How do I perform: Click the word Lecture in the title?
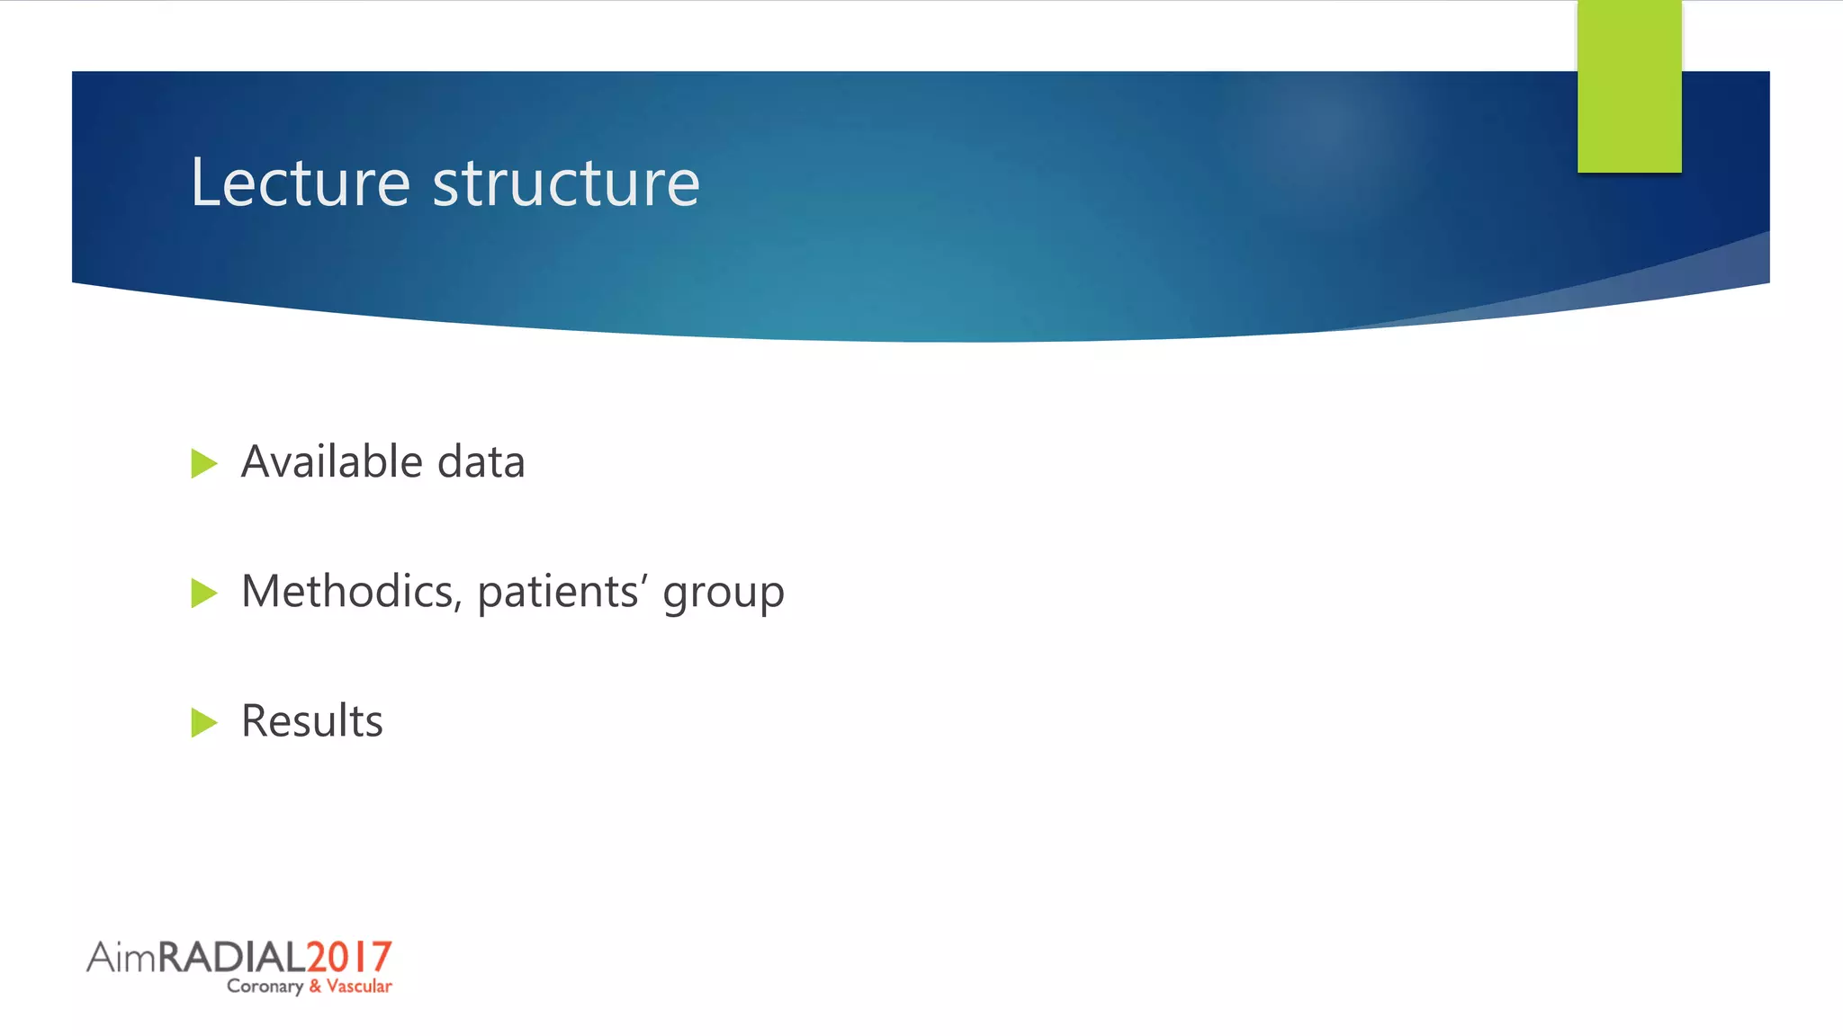[301, 183]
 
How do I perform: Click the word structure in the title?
[566, 184]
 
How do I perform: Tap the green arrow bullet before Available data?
[204, 464]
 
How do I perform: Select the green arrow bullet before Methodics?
[204, 594]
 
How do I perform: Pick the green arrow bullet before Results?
[204, 722]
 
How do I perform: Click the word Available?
[332, 462]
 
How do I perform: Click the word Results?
[312, 721]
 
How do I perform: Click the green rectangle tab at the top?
[1629, 86]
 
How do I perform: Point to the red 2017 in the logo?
[349, 957]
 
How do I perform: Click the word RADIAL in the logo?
[232, 957]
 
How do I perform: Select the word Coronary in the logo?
[265, 987]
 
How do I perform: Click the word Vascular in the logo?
[359, 987]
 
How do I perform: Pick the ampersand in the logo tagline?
[315, 987]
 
